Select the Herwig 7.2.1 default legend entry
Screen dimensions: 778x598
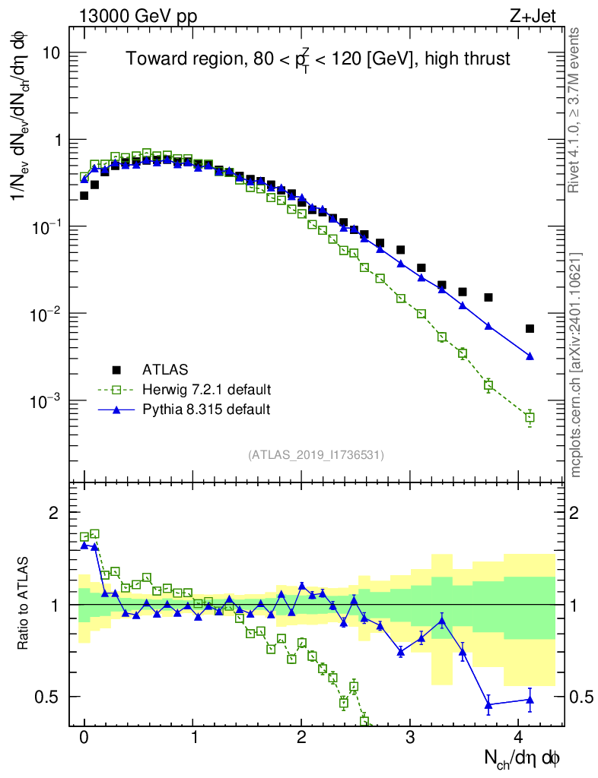pyautogui.click(x=205, y=390)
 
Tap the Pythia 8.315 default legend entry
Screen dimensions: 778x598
pyautogui.click(x=205, y=410)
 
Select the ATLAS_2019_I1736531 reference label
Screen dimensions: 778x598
pyautogui.click(x=316, y=455)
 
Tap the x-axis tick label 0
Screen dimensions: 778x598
pyautogui.click(x=84, y=737)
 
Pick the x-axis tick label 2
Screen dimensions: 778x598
pyautogui.click(x=302, y=737)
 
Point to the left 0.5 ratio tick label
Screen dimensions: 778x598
pyautogui.click(x=48, y=697)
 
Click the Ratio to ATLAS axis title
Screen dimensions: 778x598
pyautogui.click(x=24, y=604)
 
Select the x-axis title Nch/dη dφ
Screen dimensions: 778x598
pyautogui.click(x=523, y=758)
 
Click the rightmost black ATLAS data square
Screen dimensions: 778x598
pyautogui.click(x=530, y=329)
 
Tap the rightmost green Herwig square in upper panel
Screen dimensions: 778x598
pyautogui.click(x=530, y=417)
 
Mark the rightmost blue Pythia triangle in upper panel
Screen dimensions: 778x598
pyautogui.click(x=530, y=356)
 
